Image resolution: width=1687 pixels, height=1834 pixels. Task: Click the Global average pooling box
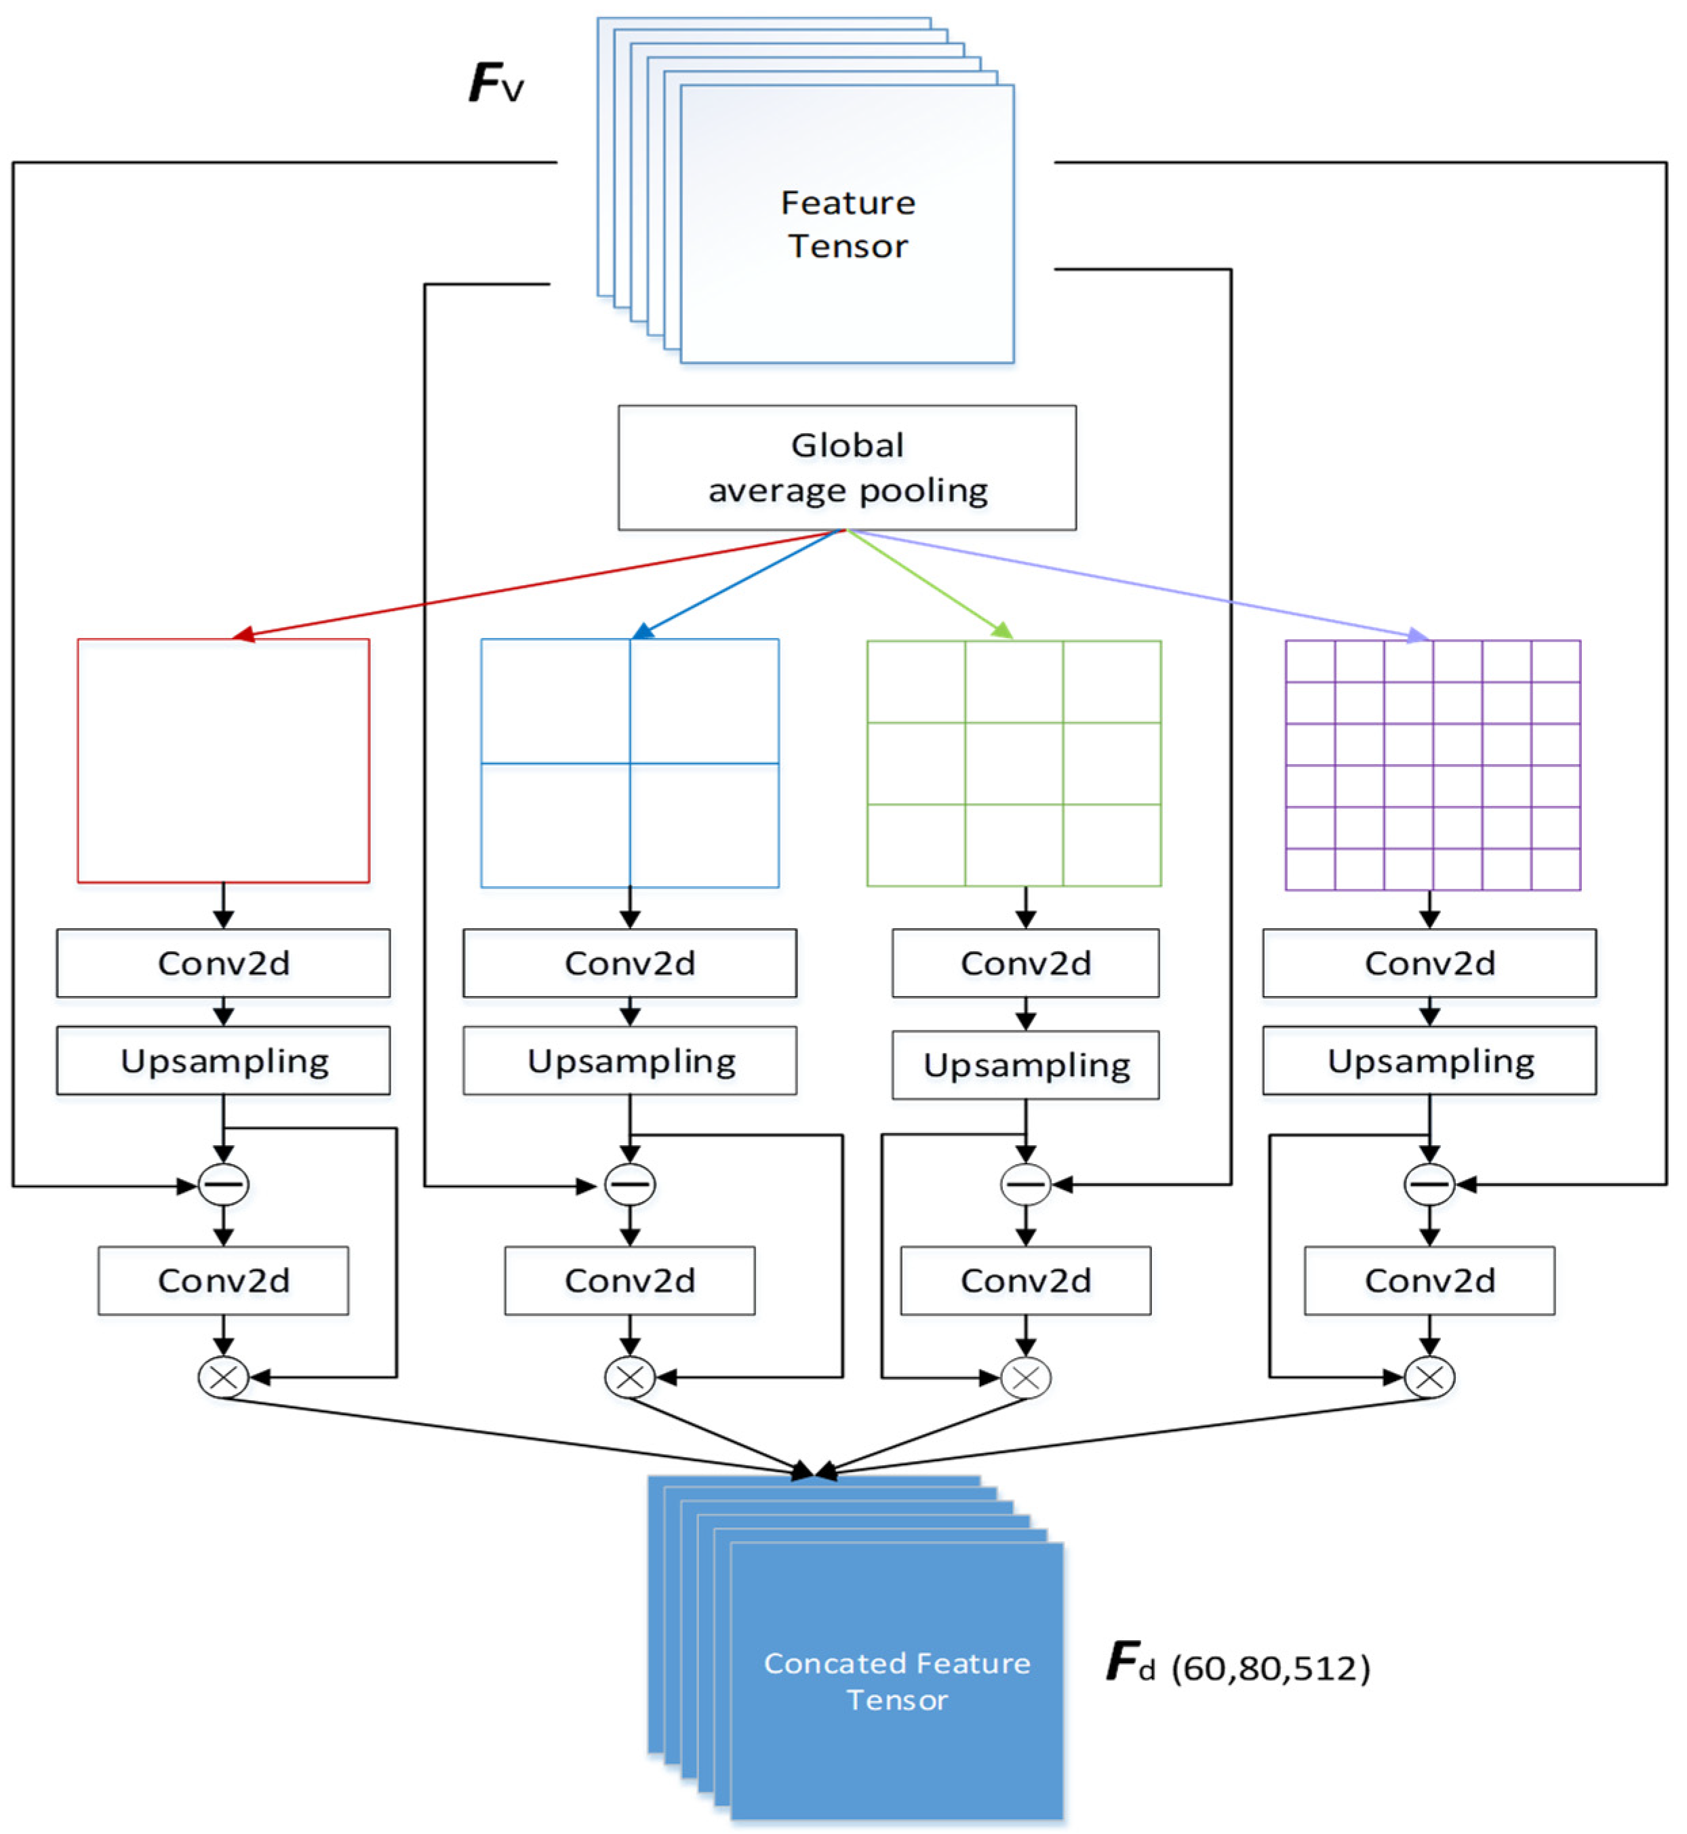(x=846, y=467)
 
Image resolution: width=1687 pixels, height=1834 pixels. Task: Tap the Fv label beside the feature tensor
(x=496, y=83)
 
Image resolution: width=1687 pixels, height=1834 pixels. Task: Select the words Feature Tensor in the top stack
(x=847, y=224)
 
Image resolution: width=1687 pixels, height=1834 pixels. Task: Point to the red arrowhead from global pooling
(x=243, y=635)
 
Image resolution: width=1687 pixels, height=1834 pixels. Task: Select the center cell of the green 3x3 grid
(x=1013, y=763)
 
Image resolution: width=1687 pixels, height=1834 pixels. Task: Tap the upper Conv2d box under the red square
(x=224, y=962)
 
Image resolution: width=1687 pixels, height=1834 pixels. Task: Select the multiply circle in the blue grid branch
(x=629, y=1376)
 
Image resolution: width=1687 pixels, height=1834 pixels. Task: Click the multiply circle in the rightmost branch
(x=1429, y=1376)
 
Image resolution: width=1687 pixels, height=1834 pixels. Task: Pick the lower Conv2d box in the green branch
(x=1025, y=1280)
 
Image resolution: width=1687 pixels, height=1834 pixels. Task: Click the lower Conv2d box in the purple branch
(x=1429, y=1280)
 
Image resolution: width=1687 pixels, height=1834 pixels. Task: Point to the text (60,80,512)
(x=1270, y=1669)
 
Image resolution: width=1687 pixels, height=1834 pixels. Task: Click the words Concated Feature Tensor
(x=896, y=1681)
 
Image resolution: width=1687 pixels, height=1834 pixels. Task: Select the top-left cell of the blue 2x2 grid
(x=555, y=700)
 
